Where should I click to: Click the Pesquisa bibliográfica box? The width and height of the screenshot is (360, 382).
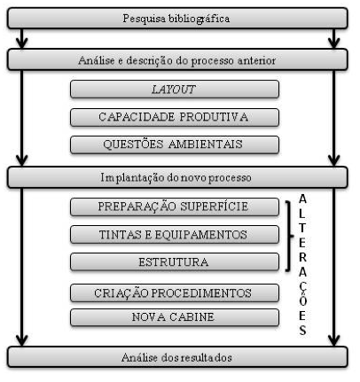(177, 19)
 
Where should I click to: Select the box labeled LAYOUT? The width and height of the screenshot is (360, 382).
(175, 89)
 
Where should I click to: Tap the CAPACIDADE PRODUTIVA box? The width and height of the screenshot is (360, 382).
(175, 117)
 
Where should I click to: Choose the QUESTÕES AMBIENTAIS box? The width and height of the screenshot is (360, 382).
(175, 144)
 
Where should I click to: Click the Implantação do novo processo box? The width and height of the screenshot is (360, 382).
(177, 177)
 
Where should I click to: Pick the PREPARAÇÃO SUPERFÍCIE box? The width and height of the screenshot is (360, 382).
(175, 207)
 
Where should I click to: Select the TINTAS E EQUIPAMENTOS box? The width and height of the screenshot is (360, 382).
(175, 235)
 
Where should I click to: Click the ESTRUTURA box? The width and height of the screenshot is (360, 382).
(175, 261)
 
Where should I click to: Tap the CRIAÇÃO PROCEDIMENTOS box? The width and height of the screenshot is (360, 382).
(175, 292)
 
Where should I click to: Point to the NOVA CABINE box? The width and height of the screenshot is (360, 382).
(175, 317)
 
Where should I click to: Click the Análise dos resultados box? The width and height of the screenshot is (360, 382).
(177, 357)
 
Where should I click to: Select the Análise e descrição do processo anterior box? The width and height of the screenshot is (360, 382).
(177, 59)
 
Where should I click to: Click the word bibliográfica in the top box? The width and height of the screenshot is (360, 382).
(199, 19)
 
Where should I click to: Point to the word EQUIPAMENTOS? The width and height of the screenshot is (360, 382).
(201, 235)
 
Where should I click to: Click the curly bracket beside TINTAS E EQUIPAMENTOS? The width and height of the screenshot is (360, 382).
(289, 236)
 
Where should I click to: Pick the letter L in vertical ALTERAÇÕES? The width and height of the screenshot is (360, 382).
(302, 214)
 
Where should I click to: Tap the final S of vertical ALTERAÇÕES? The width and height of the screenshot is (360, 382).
(302, 330)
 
